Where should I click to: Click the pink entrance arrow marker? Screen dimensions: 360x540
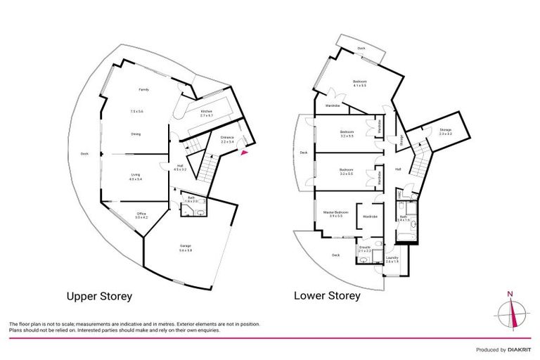coord(244,150)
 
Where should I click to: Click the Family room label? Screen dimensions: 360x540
coord(143,90)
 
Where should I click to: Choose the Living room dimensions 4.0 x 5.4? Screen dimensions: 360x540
coord(136,180)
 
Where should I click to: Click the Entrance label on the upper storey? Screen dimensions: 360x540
coord(227,137)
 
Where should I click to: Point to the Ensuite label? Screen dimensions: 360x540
coord(365,247)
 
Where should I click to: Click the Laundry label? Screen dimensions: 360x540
coord(392,258)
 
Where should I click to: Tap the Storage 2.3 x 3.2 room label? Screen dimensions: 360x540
coord(445,130)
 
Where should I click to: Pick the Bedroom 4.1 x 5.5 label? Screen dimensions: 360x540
coord(359,82)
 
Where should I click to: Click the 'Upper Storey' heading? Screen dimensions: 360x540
coord(98,296)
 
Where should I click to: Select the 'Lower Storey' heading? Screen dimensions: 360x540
coord(327,296)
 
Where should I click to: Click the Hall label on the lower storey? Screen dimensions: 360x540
coord(398,169)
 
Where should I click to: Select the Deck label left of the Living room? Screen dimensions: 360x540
coord(84,154)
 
